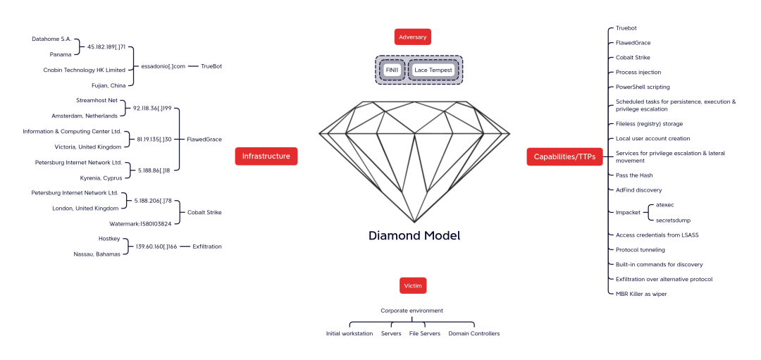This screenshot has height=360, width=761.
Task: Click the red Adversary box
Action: tap(412, 37)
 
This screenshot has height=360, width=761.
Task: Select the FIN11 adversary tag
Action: tap(392, 70)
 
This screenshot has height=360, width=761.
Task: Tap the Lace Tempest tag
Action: tap(433, 70)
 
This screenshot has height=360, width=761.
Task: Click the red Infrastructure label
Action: tap(266, 156)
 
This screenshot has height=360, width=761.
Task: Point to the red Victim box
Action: tap(412, 285)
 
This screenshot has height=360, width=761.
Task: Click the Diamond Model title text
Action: tap(414, 235)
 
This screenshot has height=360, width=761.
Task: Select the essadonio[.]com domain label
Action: tap(163, 66)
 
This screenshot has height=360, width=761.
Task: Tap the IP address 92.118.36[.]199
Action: tap(152, 108)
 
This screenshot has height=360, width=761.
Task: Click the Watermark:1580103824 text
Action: tap(140, 223)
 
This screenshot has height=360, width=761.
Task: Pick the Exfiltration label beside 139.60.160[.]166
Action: tap(207, 247)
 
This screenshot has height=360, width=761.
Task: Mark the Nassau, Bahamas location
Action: tap(97, 254)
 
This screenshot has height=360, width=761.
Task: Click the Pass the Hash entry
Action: tap(634, 175)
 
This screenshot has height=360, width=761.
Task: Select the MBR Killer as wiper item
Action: tap(641, 294)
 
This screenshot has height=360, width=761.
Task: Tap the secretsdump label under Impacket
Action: tap(673, 220)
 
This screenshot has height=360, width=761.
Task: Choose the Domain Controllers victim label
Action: tap(474, 333)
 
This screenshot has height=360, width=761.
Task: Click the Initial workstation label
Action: tap(349, 333)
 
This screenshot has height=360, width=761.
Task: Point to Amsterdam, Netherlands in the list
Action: tap(85, 116)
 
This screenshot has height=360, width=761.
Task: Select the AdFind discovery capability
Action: tap(638, 190)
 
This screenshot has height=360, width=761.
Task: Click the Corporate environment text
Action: tap(412, 310)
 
